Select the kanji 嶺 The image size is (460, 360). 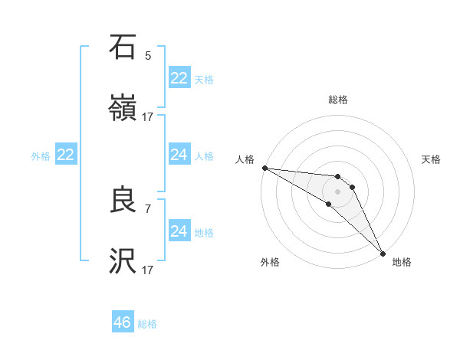(x=123, y=109)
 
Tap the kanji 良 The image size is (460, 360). (x=123, y=201)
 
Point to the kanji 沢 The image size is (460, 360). (x=123, y=262)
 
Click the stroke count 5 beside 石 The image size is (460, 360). (x=148, y=55)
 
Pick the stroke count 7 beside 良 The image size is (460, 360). (x=148, y=208)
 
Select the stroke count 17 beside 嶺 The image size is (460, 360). (x=148, y=116)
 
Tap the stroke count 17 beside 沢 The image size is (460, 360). (x=148, y=270)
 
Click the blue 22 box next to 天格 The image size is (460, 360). (x=179, y=78)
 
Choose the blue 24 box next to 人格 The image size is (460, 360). (x=179, y=155)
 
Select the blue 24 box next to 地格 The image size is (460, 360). (x=179, y=231)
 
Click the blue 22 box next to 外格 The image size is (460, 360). (x=65, y=155)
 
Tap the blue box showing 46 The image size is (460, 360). (x=122, y=322)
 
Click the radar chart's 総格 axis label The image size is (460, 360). (x=338, y=100)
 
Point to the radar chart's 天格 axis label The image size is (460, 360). (x=432, y=159)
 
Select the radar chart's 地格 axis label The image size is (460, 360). (x=402, y=262)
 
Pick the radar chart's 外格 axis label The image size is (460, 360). (x=270, y=262)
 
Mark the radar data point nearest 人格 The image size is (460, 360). (x=264, y=168)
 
